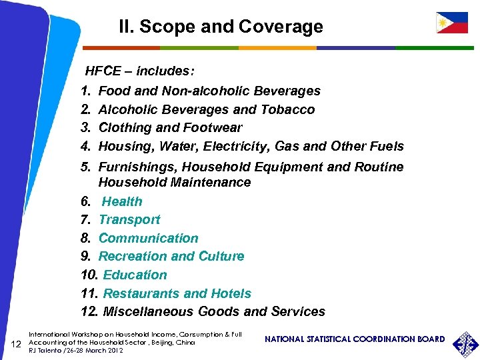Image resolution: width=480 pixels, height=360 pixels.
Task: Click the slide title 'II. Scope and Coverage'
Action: tap(221, 27)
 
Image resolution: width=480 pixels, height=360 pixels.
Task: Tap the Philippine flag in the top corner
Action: tap(451, 23)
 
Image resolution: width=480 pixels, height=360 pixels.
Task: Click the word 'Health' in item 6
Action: tap(122, 201)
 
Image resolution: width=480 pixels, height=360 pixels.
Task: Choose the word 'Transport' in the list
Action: tap(129, 219)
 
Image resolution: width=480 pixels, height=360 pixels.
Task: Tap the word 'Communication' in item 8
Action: tap(148, 238)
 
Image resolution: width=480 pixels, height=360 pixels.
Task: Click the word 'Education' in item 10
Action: tap(135, 275)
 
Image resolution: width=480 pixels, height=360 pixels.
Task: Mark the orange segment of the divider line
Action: tap(277, 48)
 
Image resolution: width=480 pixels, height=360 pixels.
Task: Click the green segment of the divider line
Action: tap(199, 48)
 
